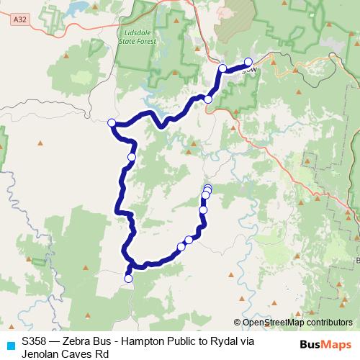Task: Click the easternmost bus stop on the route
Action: (x=248, y=62)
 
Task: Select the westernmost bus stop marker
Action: (x=112, y=123)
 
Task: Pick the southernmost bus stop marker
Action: (x=129, y=278)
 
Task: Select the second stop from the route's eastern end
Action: (x=222, y=68)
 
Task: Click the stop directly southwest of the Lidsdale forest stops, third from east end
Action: (x=208, y=99)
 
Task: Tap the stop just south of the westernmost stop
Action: (x=132, y=156)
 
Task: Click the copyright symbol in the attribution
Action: (x=238, y=323)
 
